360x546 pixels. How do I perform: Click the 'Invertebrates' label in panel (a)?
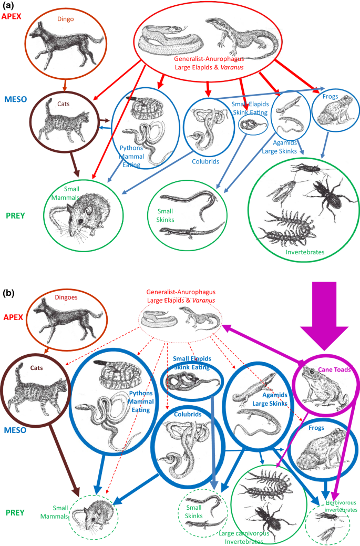[x=305, y=252]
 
